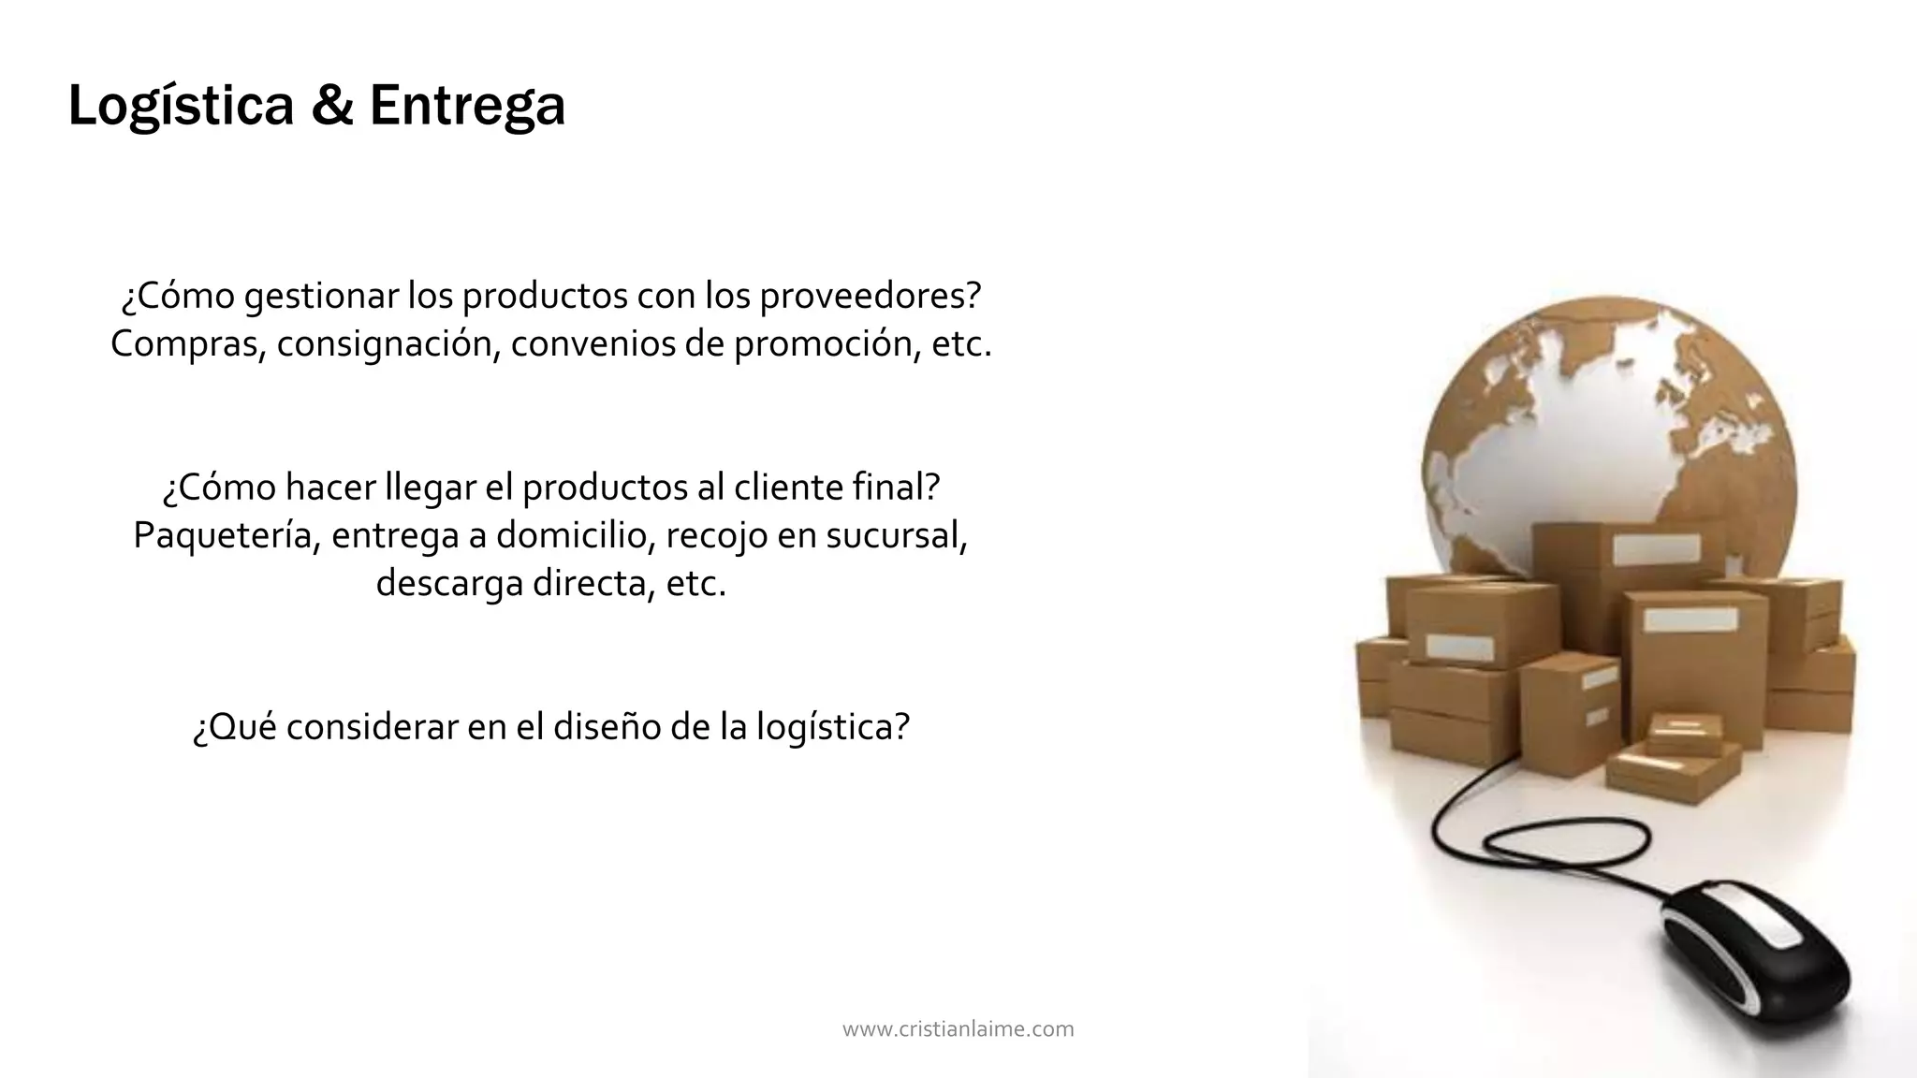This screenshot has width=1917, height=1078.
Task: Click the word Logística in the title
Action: click(181, 106)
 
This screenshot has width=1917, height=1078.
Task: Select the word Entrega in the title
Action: click(467, 106)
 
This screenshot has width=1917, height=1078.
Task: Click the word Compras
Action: click(188, 344)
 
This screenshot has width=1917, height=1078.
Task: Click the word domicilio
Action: click(575, 535)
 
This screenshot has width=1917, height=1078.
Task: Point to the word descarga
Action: click(449, 583)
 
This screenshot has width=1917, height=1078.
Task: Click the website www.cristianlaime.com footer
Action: click(958, 1029)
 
